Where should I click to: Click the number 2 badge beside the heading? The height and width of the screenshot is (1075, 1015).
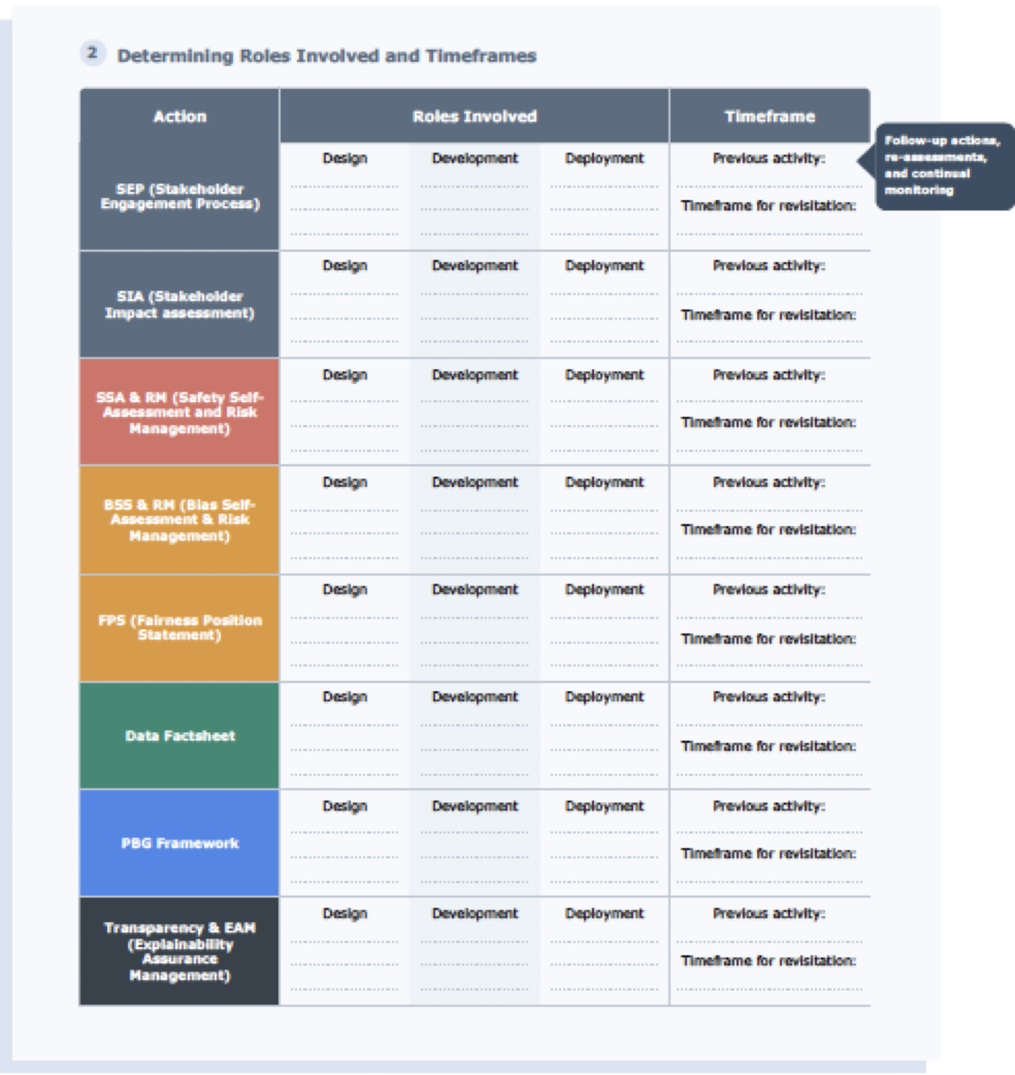[x=92, y=53]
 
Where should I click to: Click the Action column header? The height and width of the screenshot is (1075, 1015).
[x=180, y=116]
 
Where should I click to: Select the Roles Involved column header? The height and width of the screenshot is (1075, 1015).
[x=474, y=116]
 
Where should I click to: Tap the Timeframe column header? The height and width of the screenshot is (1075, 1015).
[x=769, y=116]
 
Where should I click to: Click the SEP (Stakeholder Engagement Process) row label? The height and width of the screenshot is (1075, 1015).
[x=180, y=196]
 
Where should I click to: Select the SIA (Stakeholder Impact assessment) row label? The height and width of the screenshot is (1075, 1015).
[x=180, y=304]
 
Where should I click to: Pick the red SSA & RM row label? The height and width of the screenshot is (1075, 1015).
[x=180, y=413]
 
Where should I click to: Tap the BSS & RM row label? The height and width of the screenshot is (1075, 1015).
[x=180, y=520]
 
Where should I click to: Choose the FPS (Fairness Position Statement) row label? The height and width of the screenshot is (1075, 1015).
[x=180, y=627]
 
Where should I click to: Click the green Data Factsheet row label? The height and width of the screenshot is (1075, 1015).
[x=180, y=736]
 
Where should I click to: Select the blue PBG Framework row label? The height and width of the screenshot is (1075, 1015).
[x=180, y=843]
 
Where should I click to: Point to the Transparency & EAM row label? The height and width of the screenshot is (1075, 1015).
[x=180, y=951]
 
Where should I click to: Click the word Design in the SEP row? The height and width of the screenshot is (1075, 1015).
[x=345, y=158]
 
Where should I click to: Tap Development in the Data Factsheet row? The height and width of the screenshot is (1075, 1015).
[x=475, y=697]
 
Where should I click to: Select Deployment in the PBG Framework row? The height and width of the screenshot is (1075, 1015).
[x=604, y=806]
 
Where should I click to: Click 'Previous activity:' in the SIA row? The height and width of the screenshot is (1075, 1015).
[x=769, y=266]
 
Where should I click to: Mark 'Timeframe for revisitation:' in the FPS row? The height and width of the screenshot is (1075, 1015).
[x=768, y=639]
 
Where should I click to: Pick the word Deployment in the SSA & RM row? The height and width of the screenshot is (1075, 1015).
[x=604, y=375]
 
